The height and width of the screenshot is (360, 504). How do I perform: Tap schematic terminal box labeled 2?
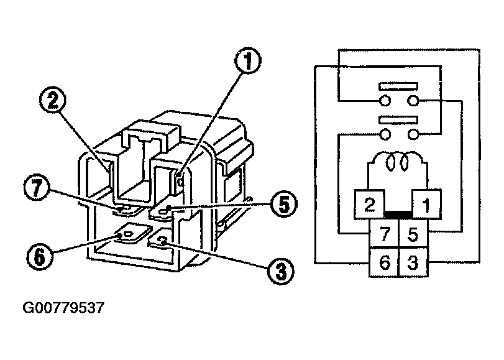click(370, 205)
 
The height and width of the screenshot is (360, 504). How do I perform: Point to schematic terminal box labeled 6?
click(385, 262)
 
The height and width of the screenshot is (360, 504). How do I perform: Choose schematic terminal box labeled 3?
click(411, 262)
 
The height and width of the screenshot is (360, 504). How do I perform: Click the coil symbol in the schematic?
click(398, 163)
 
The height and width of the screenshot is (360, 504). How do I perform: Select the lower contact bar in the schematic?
click(398, 119)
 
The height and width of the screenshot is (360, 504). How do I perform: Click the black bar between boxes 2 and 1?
click(398, 214)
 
